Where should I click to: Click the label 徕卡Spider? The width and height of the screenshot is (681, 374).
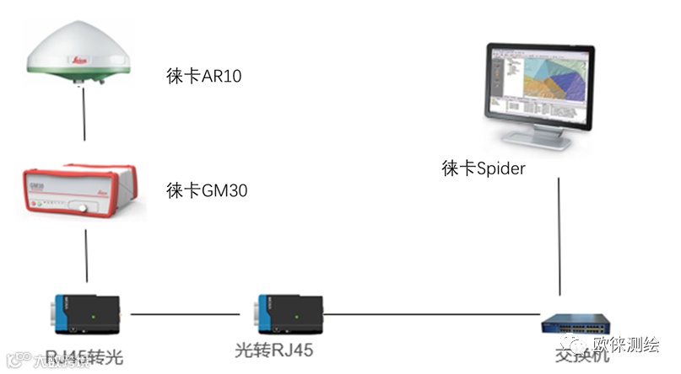[x=484, y=168]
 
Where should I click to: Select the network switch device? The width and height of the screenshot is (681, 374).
[x=576, y=324]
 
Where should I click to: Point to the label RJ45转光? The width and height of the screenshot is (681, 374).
[x=84, y=357]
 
